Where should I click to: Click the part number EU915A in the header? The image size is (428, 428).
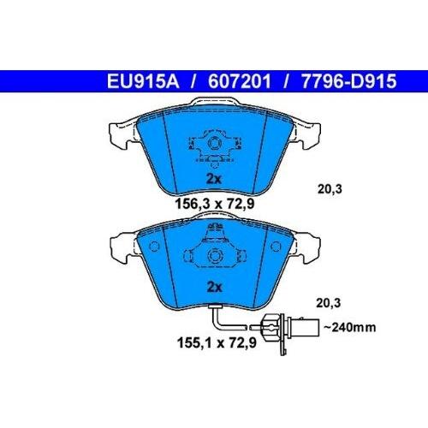143,81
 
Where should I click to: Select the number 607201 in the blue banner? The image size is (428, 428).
239,81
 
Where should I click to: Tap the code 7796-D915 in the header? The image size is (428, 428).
348,81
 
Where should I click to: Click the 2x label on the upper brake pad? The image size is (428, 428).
214,179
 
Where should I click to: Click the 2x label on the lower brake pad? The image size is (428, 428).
214,287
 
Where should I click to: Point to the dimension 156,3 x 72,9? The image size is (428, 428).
215,204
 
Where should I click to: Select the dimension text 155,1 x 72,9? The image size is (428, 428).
217,342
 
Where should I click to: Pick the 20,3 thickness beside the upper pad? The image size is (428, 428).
330,189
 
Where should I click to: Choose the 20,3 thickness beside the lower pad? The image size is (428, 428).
329,303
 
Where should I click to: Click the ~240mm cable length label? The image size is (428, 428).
350,327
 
